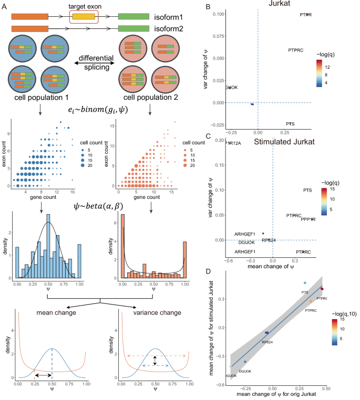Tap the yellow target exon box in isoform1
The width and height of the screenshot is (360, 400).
coord(84,17)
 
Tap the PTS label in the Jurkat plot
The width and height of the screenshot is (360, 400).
coord(290,124)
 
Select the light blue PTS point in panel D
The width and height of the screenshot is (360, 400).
coord(305,283)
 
